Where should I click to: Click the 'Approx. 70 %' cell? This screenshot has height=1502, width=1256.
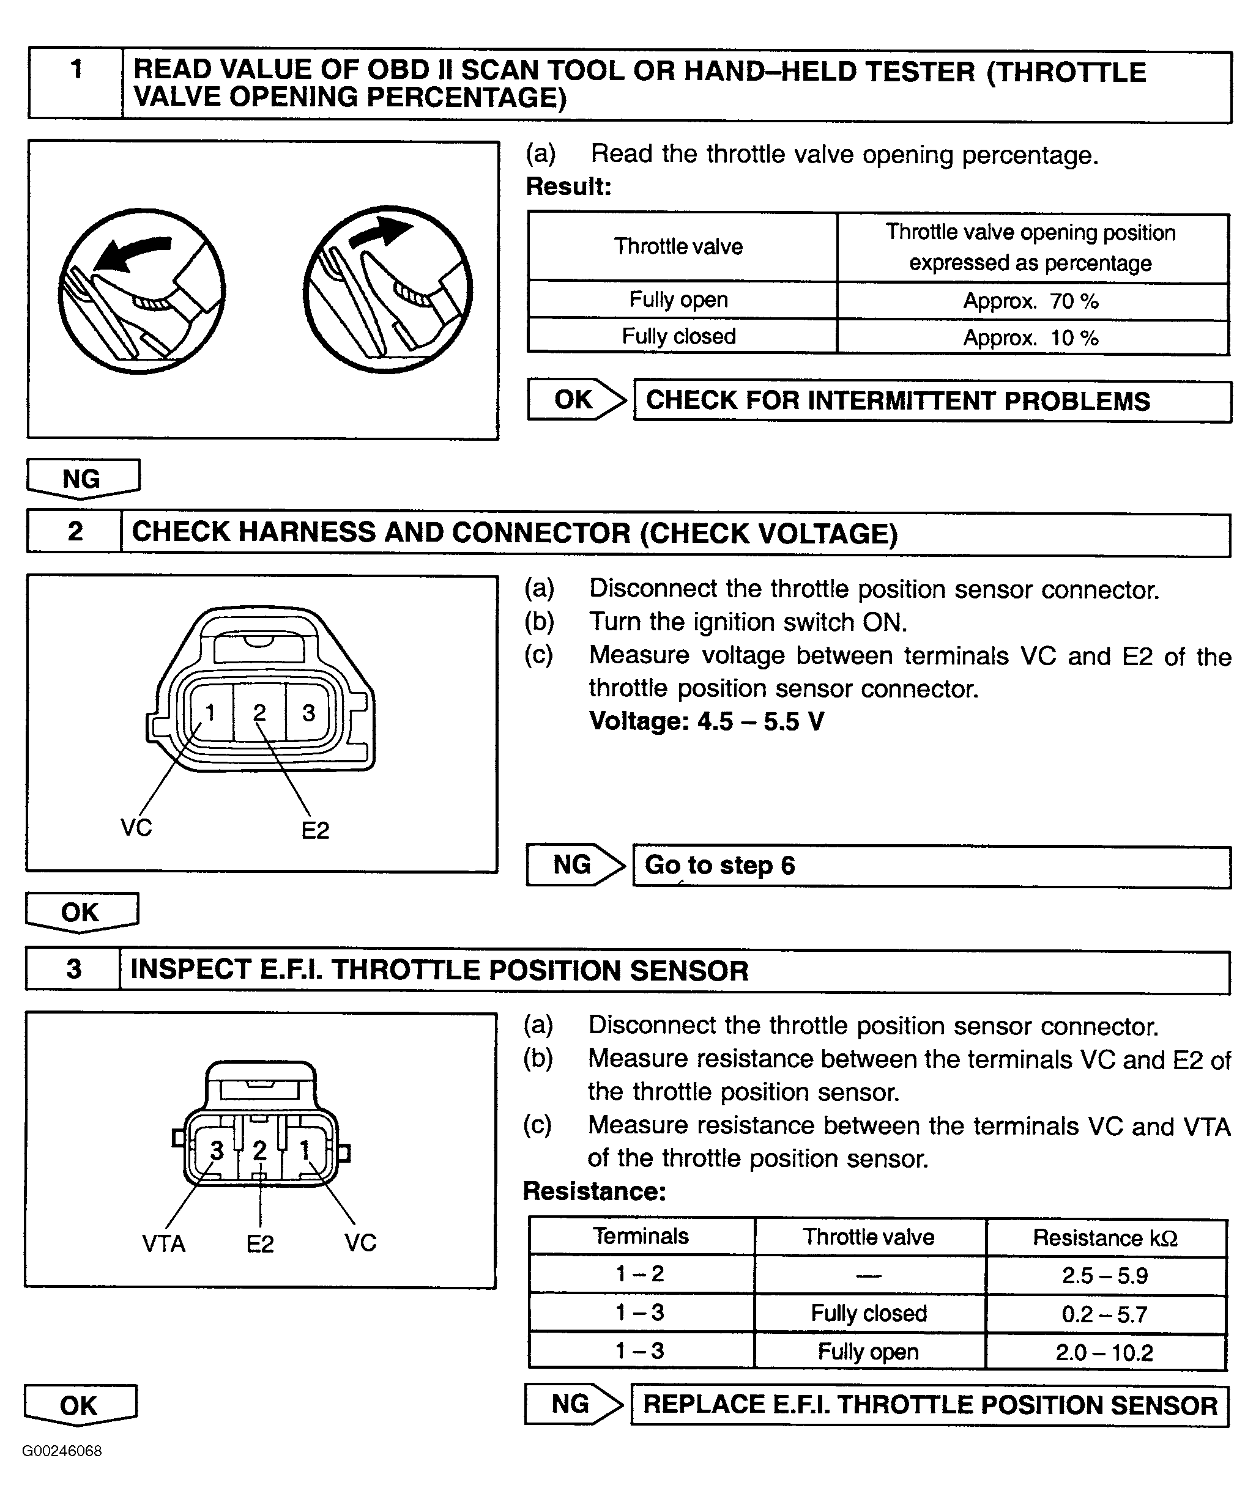pos(1031,301)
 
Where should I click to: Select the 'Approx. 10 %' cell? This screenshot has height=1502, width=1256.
pos(1031,337)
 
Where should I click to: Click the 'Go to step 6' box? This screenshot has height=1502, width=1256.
pos(931,866)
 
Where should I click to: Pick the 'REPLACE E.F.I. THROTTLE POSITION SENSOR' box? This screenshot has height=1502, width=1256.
pos(929,1405)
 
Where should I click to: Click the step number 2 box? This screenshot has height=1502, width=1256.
pos(75,531)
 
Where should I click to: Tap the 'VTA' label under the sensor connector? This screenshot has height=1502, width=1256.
pos(164,1244)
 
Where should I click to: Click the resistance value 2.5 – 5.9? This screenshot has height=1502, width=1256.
pos(1104,1275)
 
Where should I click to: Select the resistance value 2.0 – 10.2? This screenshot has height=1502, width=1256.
pos(1104,1352)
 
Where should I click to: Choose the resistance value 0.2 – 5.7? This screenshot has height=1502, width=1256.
pos(1104,1314)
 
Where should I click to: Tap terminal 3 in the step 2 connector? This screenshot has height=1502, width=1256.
pos(308,712)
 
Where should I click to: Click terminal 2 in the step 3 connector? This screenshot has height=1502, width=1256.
pos(260,1150)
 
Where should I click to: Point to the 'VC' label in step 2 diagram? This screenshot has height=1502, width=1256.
pos(136,828)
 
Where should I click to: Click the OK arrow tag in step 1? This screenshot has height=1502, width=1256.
pos(574,399)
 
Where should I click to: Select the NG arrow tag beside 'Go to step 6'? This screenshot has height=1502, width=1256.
pos(573,865)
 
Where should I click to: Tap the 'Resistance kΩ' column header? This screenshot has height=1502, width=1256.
pos(1104,1237)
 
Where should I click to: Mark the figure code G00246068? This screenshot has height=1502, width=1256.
pos(62,1451)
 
